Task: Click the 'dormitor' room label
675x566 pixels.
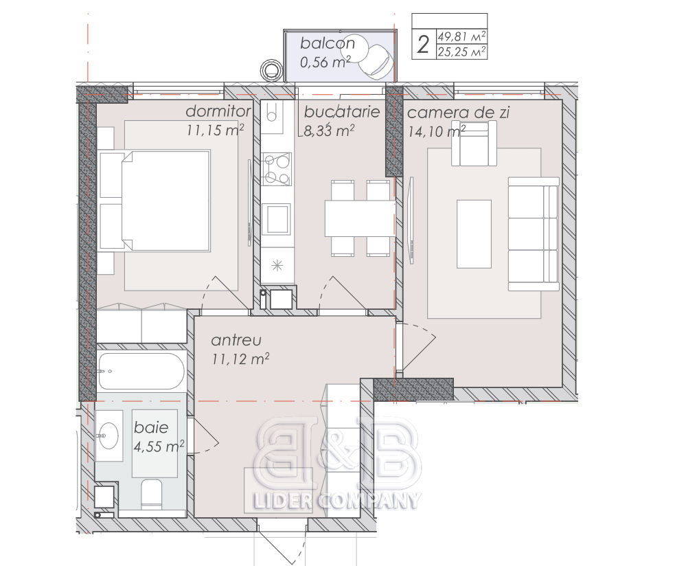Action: (218, 111)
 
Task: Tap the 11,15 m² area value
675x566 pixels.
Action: (216, 130)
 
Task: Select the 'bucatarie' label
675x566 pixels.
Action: (342, 112)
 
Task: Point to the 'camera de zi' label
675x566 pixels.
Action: (459, 113)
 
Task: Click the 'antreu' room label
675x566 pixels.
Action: (236, 340)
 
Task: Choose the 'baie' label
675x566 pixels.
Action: (151, 427)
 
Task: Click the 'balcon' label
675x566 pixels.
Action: (328, 43)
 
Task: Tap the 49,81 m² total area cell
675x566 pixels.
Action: (462, 36)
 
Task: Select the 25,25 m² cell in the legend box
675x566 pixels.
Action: (462, 52)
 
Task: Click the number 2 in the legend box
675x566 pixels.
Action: (424, 45)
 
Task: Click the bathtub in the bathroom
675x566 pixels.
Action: (141, 371)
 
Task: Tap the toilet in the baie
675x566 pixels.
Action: (151, 494)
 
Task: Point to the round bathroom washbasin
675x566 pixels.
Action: (108, 435)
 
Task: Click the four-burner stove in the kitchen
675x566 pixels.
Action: (276, 169)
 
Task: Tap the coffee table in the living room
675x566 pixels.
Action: (474, 234)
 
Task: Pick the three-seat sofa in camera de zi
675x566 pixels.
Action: (534, 234)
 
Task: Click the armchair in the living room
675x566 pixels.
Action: (474, 144)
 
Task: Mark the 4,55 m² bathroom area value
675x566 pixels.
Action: (159, 446)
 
